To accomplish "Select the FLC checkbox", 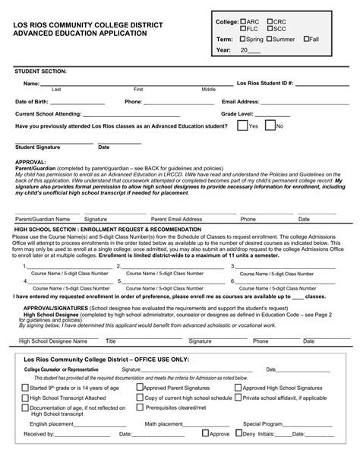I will (243, 29).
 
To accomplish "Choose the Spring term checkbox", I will (242, 39).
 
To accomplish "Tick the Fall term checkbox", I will (306, 39).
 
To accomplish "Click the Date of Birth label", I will (32, 101).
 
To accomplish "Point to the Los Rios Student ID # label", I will (264, 82).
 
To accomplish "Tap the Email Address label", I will (241, 101).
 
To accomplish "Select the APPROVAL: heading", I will (30, 162).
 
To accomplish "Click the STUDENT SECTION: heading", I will (40, 71).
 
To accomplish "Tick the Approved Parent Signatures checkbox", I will (141, 386).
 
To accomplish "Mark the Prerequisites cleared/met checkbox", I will (141, 407).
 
